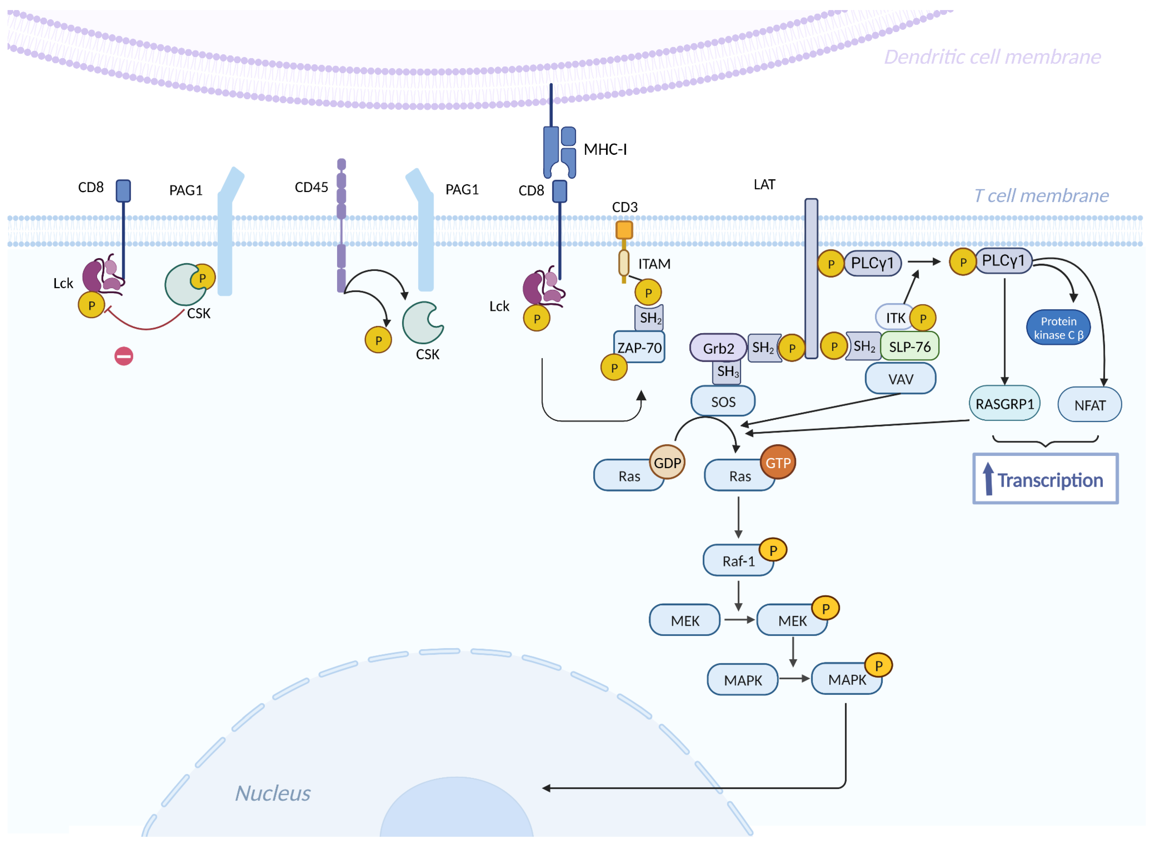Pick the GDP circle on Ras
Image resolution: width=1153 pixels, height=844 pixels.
(667, 463)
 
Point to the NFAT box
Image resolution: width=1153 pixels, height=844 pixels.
(1089, 405)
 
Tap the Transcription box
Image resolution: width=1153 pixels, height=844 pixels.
(1045, 479)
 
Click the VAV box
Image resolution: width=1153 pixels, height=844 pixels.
(900, 379)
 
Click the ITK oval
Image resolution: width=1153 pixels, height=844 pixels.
(894, 318)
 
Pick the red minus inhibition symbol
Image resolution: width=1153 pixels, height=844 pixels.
(124, 356)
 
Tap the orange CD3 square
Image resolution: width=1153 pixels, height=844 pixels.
(624, 230)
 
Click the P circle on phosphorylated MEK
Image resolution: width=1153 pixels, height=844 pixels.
(825, 608)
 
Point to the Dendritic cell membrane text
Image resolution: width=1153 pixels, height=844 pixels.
(992, 57)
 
